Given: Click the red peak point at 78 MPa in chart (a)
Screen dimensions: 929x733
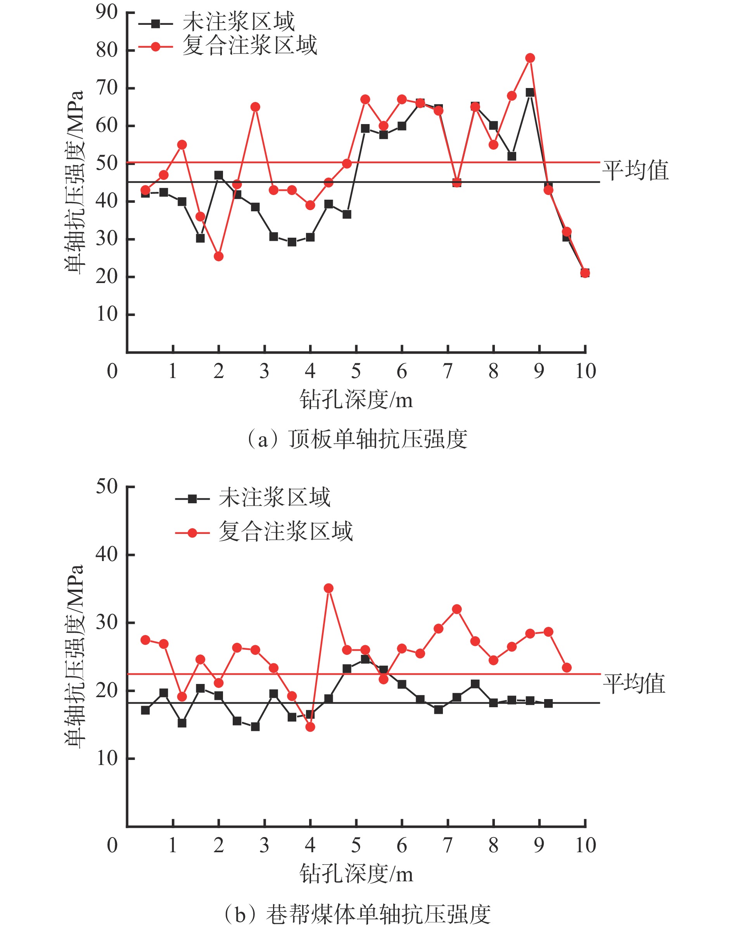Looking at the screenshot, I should pos(530,58).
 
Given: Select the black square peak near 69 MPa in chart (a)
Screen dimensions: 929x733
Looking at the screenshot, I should pos(530,92).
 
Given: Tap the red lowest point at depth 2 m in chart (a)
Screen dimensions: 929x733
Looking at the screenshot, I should pos(218,257).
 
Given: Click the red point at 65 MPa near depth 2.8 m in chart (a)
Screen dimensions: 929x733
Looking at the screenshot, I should pos(255,107).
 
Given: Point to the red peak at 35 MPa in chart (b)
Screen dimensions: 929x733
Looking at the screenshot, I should pos(329,588).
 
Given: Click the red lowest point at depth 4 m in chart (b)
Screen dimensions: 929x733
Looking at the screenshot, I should pos(310,727).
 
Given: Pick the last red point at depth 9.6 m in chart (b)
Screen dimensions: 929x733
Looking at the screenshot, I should pos(567,667).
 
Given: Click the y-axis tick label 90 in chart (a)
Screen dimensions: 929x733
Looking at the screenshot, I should pos(106,13).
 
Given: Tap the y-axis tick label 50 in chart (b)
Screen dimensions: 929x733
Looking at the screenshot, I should pos(106,487).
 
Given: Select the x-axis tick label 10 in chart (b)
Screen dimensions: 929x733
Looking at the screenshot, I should pos(585,845).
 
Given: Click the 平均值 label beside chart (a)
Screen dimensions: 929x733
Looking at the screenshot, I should pos(635,170).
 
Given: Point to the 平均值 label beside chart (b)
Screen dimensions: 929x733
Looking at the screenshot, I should pos(634,684).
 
